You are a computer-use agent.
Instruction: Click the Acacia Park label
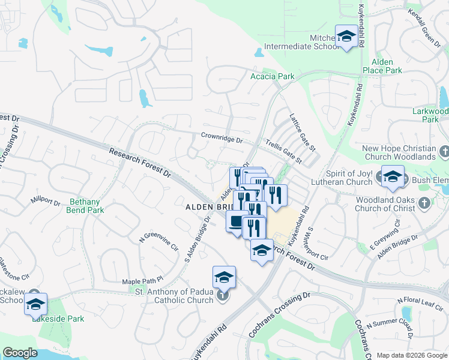pos(273,76)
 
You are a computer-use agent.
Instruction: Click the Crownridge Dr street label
pos(221,137)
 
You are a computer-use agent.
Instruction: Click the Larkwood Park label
pos(430,115)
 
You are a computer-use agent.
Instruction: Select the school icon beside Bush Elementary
pos(393,176)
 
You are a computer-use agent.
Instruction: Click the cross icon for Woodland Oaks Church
pos(424,202)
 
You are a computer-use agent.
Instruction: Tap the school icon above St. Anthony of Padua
pos(223,277)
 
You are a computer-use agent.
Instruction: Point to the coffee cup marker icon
pos(237,222)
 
